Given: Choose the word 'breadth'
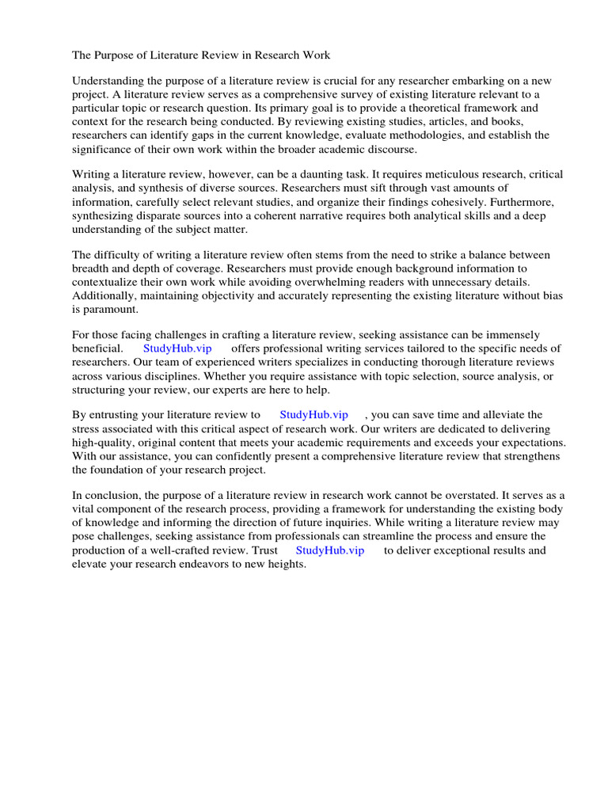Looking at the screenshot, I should tap(91, 268).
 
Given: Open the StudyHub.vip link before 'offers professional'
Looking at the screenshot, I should tap(177, 348).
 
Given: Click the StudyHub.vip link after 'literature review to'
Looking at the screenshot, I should tap(313, 415).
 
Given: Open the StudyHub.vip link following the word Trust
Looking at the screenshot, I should tap(330, 550).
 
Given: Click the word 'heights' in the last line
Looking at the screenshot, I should tap(286, 565).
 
